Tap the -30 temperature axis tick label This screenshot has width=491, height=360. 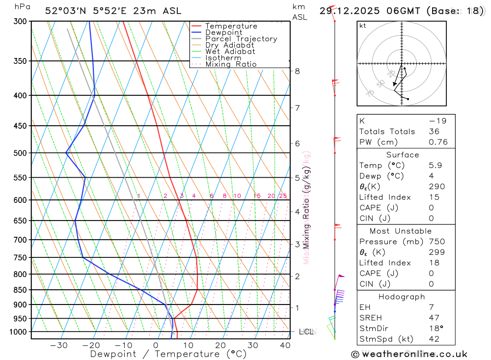(58, 345)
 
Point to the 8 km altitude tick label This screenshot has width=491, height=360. (297, 71)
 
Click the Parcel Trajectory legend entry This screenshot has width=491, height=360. (241, 39)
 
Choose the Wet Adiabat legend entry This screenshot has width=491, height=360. (230, 52)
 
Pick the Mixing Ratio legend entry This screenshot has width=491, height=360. (231, 64)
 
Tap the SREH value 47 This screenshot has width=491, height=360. (434, 318)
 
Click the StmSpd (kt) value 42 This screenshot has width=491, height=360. (434, 339)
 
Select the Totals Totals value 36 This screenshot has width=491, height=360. (433, 132)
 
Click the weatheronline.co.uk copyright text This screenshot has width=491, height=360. (409, 354)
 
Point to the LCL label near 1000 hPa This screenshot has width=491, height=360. (305, 332)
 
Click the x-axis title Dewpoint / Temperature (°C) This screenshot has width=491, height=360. (168, 354)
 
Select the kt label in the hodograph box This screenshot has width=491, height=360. (363, 26)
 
